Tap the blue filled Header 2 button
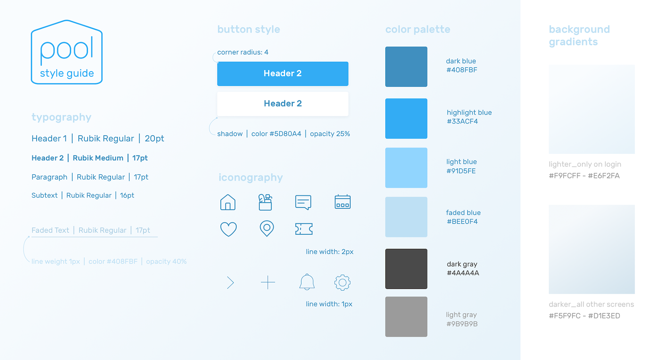[283, 74]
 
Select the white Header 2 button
[283, 104]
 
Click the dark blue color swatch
[406, 66]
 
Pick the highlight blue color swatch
[406, 119]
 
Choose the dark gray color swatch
[406, 269]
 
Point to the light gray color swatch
[406, 317]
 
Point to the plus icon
[268, 282]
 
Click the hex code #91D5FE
[461, 171]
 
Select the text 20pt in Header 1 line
[154, 138]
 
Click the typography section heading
[61, 117]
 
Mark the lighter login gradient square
[592, 109]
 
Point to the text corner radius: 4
[243, 52]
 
